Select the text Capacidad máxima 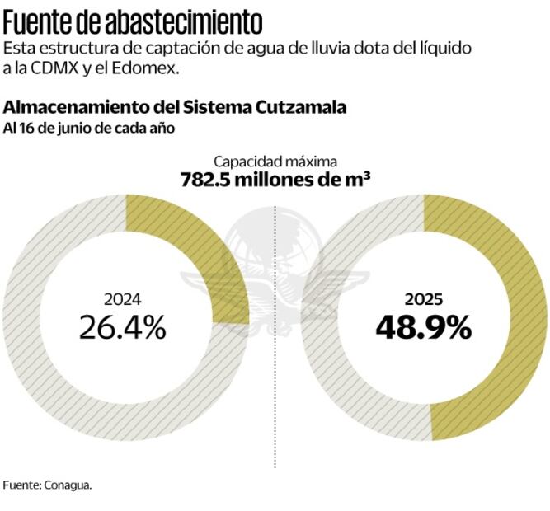click(x=275, y=162)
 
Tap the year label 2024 click(x=122, y=300)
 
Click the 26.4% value click(x=122, y=328)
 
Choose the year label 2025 click(x=424, y=300)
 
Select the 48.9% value click(x=424, y=328)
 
